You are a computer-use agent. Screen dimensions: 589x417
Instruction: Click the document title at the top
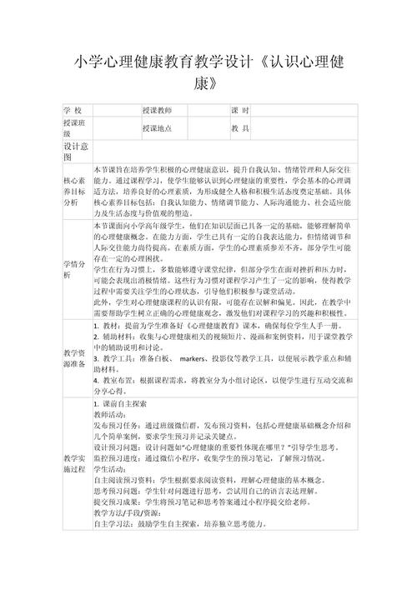[208, 72]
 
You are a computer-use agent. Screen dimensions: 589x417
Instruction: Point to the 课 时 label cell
[241, 111]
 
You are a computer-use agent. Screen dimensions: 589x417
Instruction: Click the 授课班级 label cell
[76, 129]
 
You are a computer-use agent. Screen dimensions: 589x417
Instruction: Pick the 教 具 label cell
[241, 129]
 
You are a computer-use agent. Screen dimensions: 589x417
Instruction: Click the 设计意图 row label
[76, 151]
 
